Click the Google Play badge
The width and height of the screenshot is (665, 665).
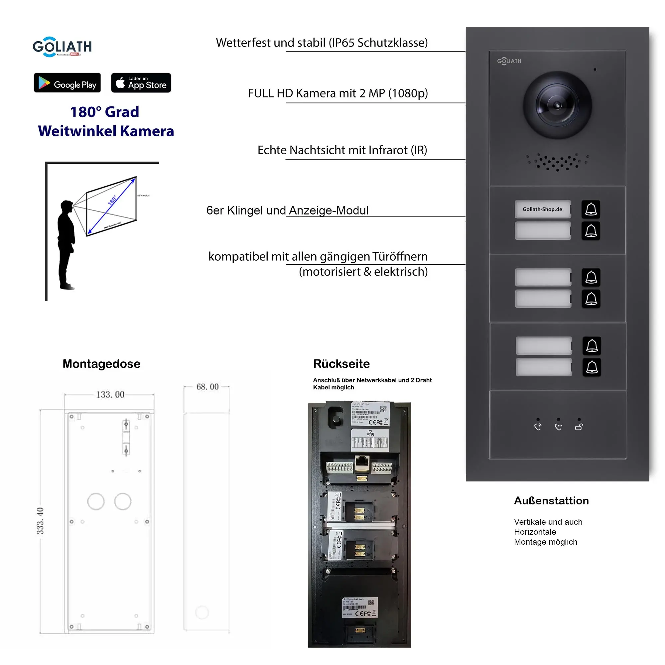pyautogui.click(x=67, y=82)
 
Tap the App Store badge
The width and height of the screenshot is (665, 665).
pyautogui.click(x=141, y=82)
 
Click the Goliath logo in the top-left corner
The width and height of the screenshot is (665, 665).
pyautogui.click(x=62, y=47)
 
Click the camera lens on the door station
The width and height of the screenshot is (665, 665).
pyautogui.click(x=557, y=105)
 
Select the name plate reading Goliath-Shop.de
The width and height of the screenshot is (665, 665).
pyautogui.click(x=542, y=209)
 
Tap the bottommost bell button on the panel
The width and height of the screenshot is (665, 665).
pyautogui.click(x=592, y=367)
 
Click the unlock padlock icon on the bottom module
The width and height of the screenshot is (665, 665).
pyautogui.click(x=579, y=427)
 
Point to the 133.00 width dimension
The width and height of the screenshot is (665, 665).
pyautogui.click(x=110, y=394)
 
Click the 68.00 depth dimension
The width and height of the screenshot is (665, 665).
pyautogui.click(x=207, y=387)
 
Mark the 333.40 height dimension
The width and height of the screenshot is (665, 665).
pyautogui.click(x=40, y=521)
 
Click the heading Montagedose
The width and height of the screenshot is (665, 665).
pyautogui.click(x=101, y=364)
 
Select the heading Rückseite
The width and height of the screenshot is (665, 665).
pyautogui.click(x=341, y=364)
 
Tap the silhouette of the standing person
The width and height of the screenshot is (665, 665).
pyautogui.click(x=66, y=244)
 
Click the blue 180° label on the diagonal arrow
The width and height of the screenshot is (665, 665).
pyautogui.click(x=112, y=200)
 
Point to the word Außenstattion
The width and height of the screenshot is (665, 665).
pyautogui.click(x=551, y=500)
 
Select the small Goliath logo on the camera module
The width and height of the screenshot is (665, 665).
pyautogui.click(x=509, y=61)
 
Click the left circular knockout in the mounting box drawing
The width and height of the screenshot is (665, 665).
pyautogui.click(x=96, y=501)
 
